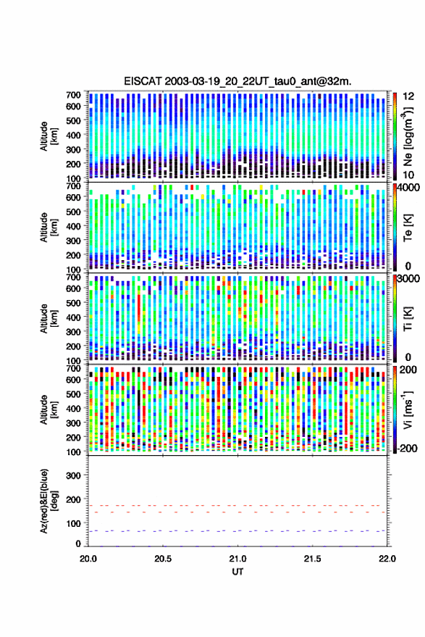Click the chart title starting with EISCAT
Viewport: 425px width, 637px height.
coord(237,81)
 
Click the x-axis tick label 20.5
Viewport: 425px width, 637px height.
coord(163,559)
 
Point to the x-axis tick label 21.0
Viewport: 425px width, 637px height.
coord(237,559)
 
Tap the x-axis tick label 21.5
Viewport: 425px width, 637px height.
coord(312,559)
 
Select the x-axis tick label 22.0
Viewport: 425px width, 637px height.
coord(387,559)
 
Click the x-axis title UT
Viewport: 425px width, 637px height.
coord(237,572)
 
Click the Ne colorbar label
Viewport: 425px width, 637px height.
coord(408,136)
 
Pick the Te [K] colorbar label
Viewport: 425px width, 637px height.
coord(408,228)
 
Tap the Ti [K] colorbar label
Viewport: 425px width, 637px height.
coord(408,319)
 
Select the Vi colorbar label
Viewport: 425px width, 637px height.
coord(408,409)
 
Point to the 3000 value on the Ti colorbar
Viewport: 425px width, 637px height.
coord(409,279)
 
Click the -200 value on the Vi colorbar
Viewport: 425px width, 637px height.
coord(406,449)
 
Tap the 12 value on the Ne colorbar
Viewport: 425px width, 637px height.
coord(409,96)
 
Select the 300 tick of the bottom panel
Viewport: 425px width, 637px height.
coord(73,475)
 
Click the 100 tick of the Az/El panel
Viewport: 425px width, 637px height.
coord(73,523)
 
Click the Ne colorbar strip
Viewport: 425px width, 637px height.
coord(395,136)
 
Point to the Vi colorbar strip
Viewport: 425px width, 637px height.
coord(395,409)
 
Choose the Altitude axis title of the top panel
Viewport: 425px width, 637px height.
coord(48,136)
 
